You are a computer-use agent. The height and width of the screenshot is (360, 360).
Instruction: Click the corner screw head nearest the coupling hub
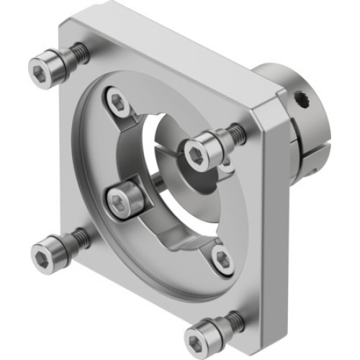197,152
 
